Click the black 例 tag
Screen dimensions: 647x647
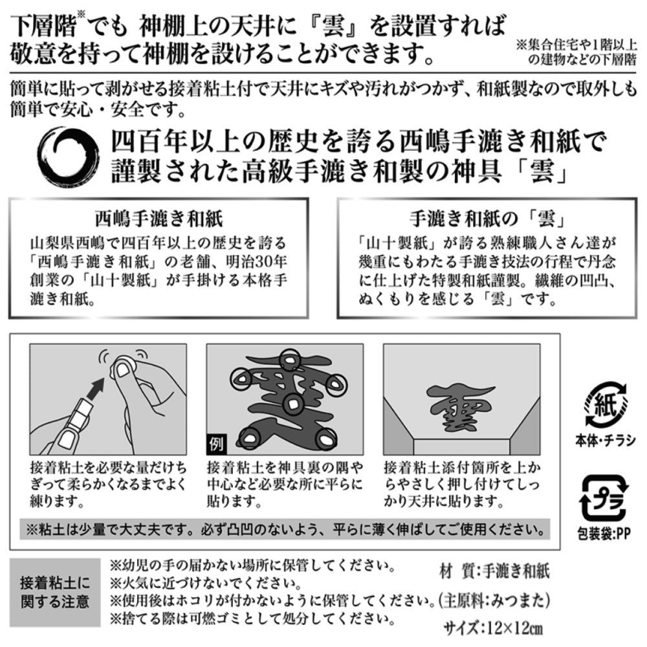click(x=216, y=444)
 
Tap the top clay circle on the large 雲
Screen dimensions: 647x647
click(x=291, y=360)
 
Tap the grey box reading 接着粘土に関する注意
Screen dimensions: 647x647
click(x=55, y=593)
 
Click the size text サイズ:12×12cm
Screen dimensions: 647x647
click(x=494, y=629)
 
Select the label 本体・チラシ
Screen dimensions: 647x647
click(x=606, y=441)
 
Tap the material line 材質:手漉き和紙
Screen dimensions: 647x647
click(x=495, y=571)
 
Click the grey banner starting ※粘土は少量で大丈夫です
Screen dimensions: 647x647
click(x=285, y=529)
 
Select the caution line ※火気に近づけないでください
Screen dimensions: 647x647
click(x=206, y=583)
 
